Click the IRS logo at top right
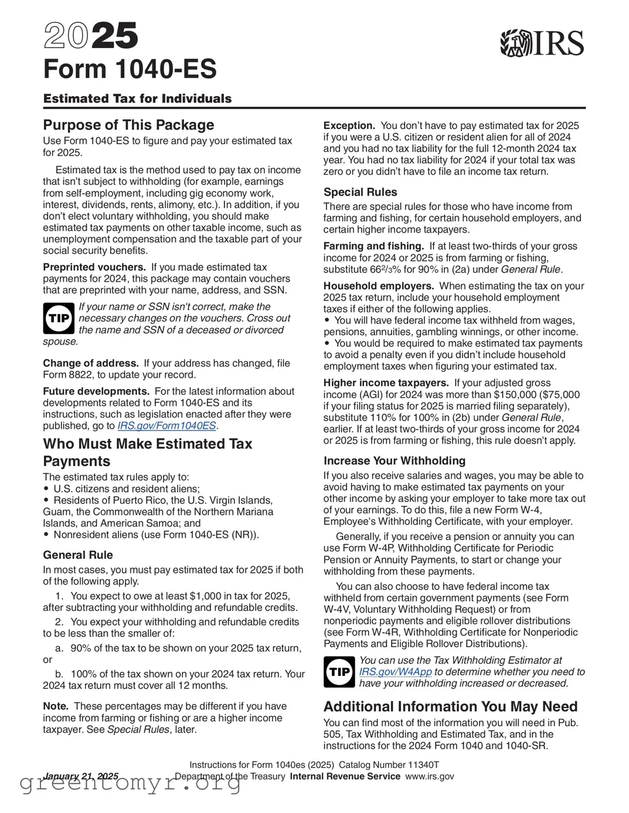[542, 43]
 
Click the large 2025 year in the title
[91, 36]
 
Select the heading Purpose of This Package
[128, 125]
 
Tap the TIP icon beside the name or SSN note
[59, 318]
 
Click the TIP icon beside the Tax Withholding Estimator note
[339, 672]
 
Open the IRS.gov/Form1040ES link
[166, 426]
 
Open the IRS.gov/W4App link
[395, 672]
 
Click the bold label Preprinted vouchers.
[94, 267]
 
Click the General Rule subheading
[78, 555]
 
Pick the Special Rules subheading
[360, 192]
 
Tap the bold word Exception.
[349, 125]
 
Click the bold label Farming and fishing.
[373, 246]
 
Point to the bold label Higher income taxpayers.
[386, 383]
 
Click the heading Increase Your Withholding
[394, 461]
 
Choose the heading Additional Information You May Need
[450, 706]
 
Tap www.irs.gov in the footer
[429, 776]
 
